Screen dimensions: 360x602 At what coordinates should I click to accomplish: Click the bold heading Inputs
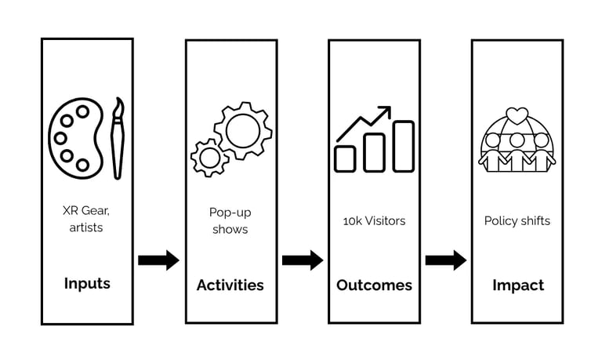pos(87,283)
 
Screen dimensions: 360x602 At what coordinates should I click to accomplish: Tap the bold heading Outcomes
pos(374,285)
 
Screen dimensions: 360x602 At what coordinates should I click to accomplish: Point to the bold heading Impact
pos(517,285)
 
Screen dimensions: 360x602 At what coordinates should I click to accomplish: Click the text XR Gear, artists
pos(87,219)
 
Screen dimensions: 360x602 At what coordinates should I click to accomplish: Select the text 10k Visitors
pos(374,221)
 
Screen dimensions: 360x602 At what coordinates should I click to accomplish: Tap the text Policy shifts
pos(517,221)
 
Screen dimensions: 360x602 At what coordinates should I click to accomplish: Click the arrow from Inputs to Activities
pos(158,260)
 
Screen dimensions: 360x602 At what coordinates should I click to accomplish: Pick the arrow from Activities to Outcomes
pos(303,260)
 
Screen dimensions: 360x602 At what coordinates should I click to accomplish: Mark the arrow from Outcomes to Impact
pos(446,260)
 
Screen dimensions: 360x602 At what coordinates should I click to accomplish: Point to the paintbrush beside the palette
pos(118,138)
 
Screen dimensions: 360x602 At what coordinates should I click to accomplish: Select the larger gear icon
pos(242,130)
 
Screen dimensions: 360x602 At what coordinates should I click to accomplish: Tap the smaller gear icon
pos(209,157)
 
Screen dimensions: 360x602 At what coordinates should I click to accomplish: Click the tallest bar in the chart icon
pos(403,146)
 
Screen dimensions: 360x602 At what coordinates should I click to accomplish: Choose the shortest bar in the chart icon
pos(345,158)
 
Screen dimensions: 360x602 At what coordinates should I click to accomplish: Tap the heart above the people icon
pos(517,115)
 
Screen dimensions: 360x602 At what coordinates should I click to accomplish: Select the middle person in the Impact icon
pos(517,149)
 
